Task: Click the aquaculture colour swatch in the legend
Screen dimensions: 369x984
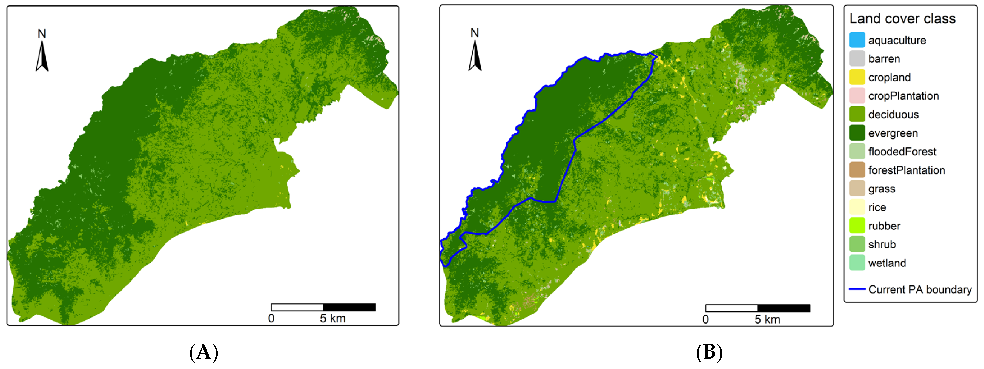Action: (x=857, y=40)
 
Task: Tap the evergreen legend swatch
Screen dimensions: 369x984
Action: (x=857, y=133)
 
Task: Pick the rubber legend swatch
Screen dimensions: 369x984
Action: (x=857, y=226)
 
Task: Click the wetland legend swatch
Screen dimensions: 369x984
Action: (x=857, y=263)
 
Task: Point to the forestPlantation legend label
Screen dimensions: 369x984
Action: (x=906, y=170)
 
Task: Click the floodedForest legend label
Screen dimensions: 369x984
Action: (x=902, y=152)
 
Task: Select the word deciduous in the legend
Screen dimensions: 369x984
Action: (x=893, y=115)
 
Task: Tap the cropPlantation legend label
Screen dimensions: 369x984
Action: (x=903, y=96)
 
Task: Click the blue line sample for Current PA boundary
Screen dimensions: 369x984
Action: (x=857, y=289)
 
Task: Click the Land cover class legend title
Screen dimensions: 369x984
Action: (x=902, y=18)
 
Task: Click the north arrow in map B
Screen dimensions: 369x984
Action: (x=475, y=55)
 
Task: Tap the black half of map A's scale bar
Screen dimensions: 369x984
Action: (x=349, y=307)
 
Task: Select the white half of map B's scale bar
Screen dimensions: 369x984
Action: (x=731, y=308)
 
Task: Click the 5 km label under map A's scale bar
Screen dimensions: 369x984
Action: (x=332, y=318)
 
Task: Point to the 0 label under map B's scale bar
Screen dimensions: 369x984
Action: (x=706, y=319)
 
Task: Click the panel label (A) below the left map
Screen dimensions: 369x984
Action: (x=204, y=352)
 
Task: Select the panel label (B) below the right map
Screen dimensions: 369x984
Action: (x=709, y=352)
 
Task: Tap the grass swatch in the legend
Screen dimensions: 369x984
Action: (x=857, y=189)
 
